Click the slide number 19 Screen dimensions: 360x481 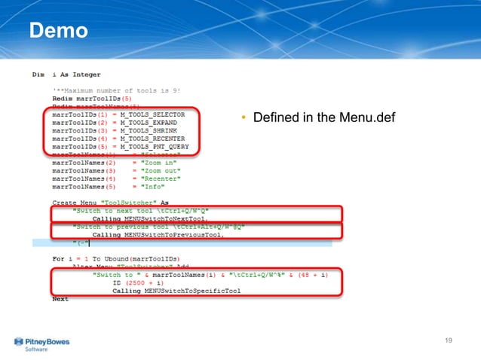pyautogui.click(x=449, y=341)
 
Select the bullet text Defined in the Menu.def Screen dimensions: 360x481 pyautogui.click(x=317, y=118)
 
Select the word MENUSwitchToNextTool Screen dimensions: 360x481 pyautogui.click(x=158, y=218)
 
